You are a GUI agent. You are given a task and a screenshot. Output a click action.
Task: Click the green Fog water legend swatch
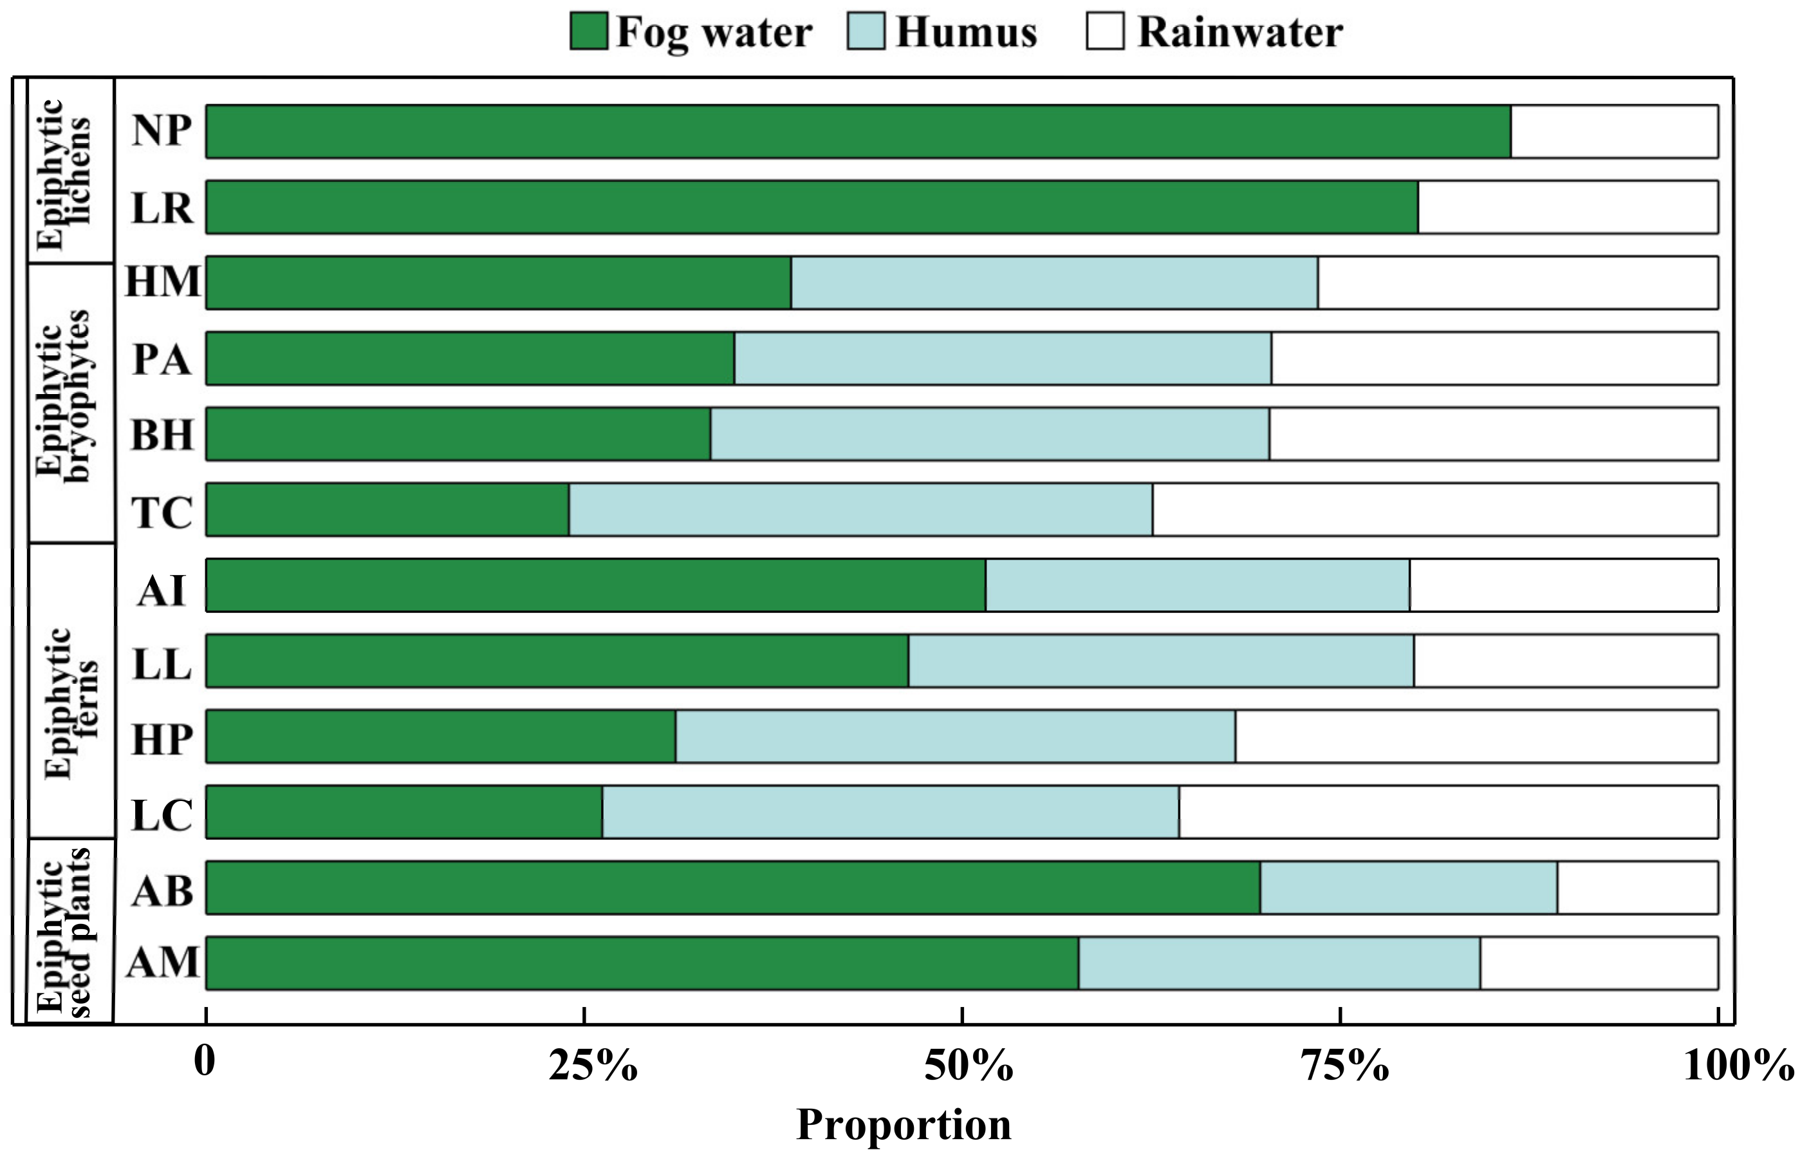point(588,32)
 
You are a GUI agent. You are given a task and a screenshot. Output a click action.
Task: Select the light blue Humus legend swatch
point(865,32)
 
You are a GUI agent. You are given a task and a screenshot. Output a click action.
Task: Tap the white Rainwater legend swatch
point(1105,32)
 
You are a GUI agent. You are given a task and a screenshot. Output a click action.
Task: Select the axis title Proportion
point(904,1125)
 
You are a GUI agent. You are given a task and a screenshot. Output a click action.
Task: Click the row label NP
point(161,131)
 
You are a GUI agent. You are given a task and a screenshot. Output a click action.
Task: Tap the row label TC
point(161,512)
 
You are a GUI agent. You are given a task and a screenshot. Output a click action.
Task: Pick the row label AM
point(162,963)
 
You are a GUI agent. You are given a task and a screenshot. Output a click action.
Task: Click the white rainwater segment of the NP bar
point(1614,132)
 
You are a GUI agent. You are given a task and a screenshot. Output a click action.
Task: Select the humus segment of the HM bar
point(1054,283)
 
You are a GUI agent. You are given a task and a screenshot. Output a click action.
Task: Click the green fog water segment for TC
point(387,510)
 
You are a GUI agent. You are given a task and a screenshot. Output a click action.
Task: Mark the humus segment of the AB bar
point(1408,888)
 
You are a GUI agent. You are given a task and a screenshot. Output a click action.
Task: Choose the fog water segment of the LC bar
point(404,812)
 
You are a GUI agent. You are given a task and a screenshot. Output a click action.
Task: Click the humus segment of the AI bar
point(1197,585)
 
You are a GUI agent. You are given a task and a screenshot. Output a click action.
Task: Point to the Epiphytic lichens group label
point(63,173)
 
